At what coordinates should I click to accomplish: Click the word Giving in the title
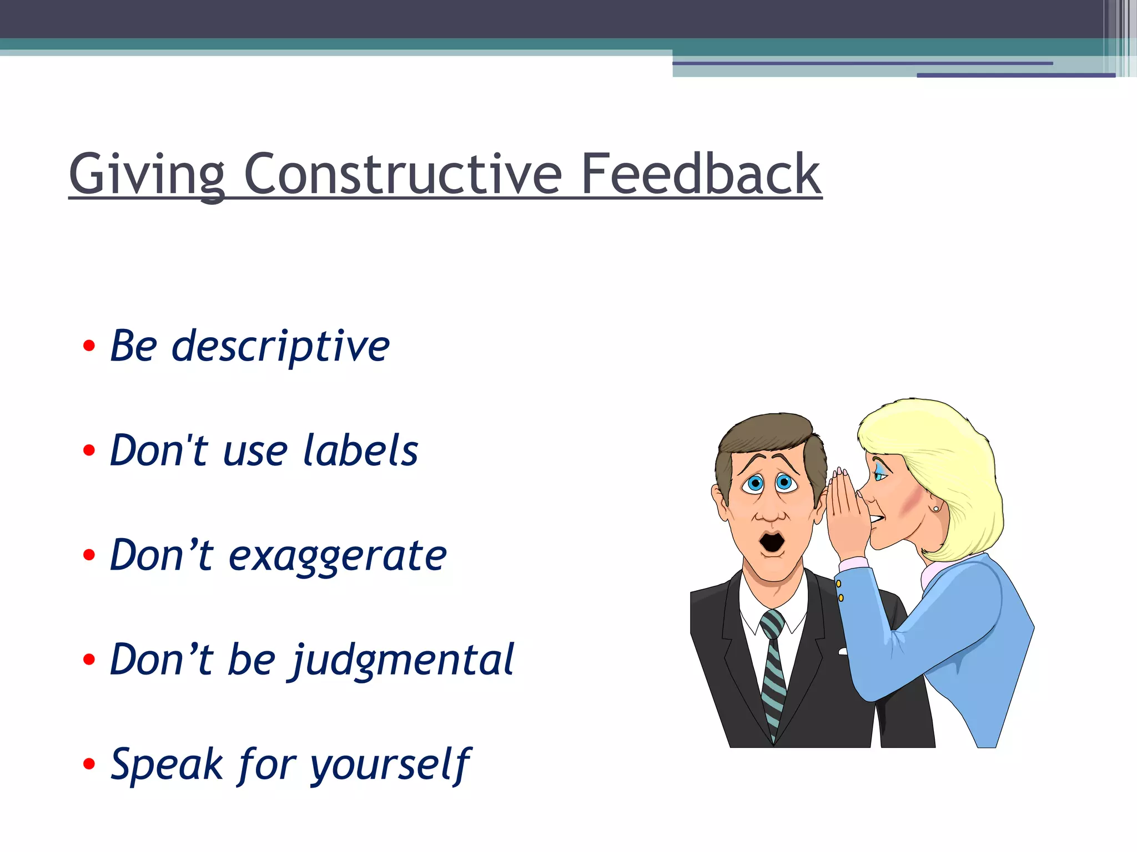(x=147, y=175)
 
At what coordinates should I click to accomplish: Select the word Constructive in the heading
(x=403, y=175)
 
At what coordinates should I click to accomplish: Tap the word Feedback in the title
(x=701, y=175)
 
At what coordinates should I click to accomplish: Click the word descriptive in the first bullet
(x=280, y=347)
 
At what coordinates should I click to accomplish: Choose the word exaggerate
(x=338, y=556)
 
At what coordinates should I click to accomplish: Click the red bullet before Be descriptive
(x=89, y=347)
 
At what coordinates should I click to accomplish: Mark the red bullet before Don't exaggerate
(x=89, y=555)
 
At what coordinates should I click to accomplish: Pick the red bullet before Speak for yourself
(x=89, y=764)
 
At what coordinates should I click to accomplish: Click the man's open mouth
(x=772, y=542)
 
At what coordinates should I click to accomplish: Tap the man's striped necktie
(x=773, y=671)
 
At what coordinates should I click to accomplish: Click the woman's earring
(x=936, y=508)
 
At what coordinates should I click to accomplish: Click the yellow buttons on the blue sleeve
(x=839, y=590)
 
